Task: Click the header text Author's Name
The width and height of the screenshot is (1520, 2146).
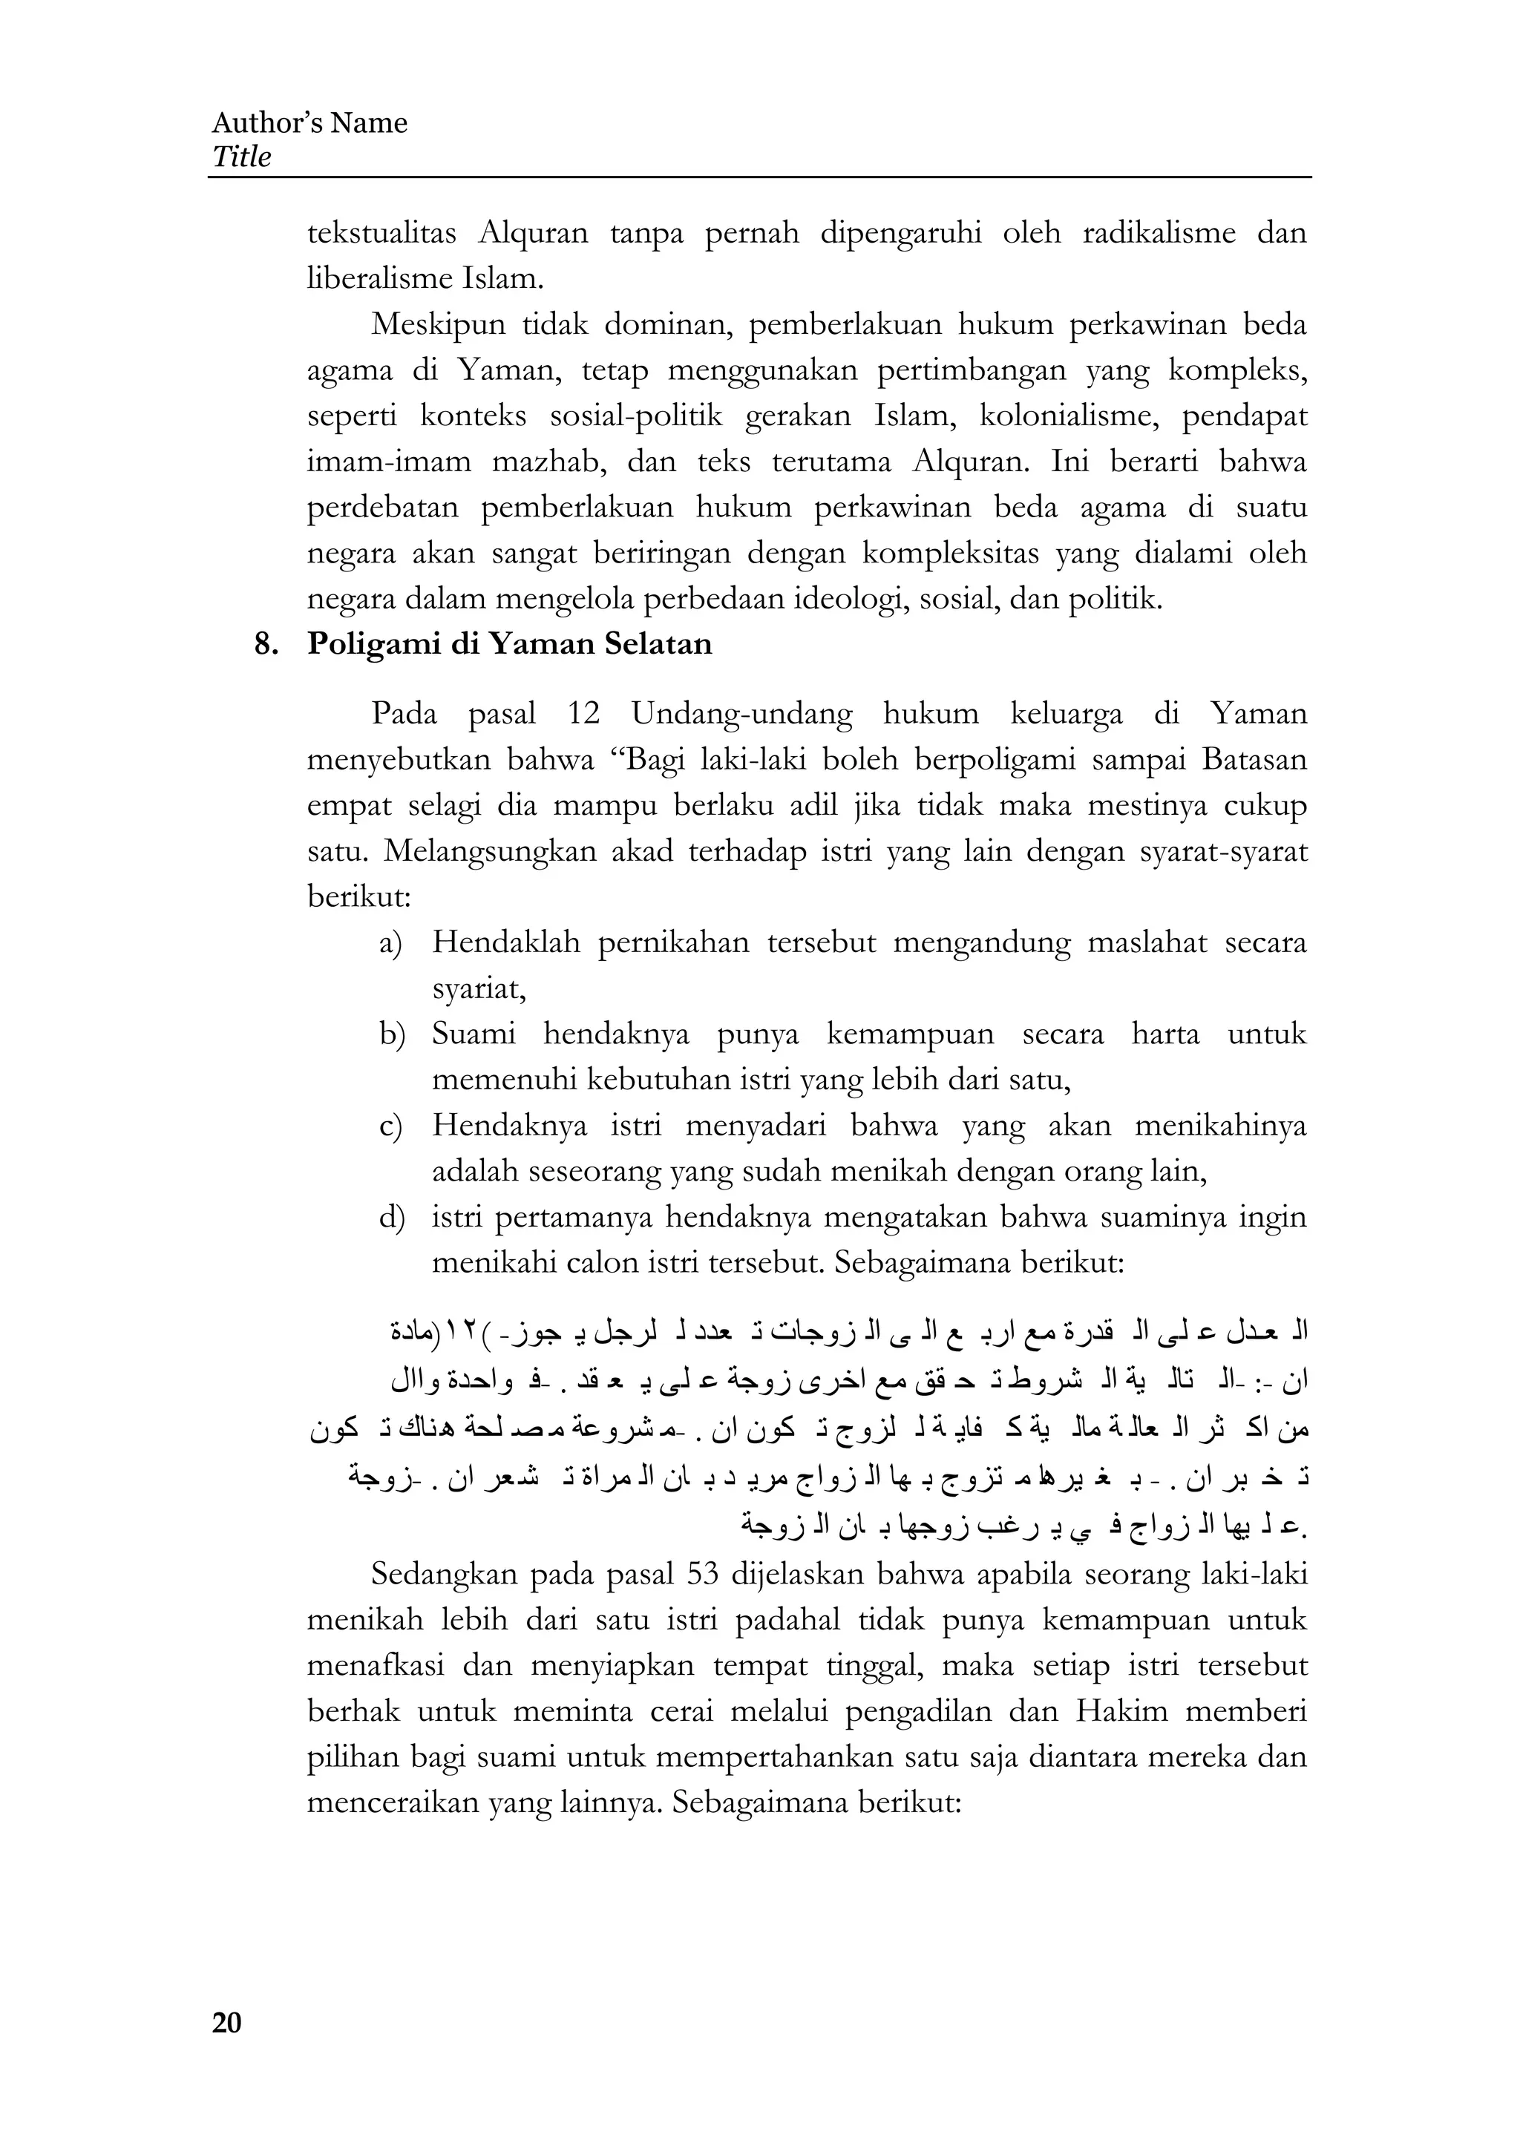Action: pos(309,122)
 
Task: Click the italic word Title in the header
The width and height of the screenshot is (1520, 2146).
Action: pos(241,157)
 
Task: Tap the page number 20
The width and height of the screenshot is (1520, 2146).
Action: pos(226,2023)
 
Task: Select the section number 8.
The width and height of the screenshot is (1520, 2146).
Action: pos(266,644)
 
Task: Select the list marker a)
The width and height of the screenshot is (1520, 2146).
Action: pos(390,942)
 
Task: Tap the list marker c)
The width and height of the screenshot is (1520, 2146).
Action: pos(390,1126)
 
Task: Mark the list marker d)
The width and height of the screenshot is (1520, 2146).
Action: pos(390,1218)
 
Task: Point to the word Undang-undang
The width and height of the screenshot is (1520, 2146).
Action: pos(741,714)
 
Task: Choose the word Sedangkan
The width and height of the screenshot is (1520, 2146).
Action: pos(440,1573)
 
